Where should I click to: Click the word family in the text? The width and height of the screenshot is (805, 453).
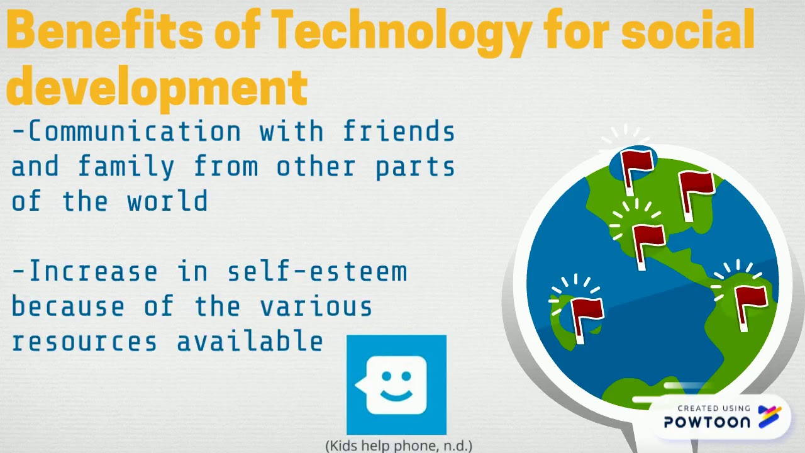[x=126, y=167]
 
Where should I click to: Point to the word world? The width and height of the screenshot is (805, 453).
[x=167, y=202]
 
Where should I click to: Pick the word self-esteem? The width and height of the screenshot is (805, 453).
[x=317, y=272]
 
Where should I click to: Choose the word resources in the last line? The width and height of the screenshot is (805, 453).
[x=84, y=342]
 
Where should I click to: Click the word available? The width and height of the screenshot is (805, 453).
[x=250, y=342]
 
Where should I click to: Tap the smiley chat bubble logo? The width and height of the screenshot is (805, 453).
[x=396, y=384]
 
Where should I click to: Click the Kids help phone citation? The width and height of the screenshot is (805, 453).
[x=399, y=445]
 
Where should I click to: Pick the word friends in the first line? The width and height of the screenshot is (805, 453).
[x=399, y=132]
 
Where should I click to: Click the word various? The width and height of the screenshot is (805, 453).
[x=316, y=307]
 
